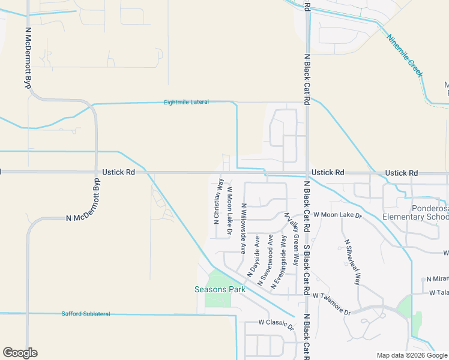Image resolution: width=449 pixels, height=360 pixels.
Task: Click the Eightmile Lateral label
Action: [186, 102]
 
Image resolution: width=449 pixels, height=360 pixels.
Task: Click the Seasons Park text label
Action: [220, 289]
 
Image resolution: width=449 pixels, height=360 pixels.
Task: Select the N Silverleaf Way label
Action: [353, 262]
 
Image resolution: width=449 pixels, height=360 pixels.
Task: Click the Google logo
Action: [20, 353]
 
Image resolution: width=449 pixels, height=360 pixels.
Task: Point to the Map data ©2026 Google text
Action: [411, 355]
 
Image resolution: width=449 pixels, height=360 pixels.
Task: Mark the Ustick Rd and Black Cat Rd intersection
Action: [307, 173]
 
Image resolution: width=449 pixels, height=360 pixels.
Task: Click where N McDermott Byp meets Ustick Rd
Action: [96, 172]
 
